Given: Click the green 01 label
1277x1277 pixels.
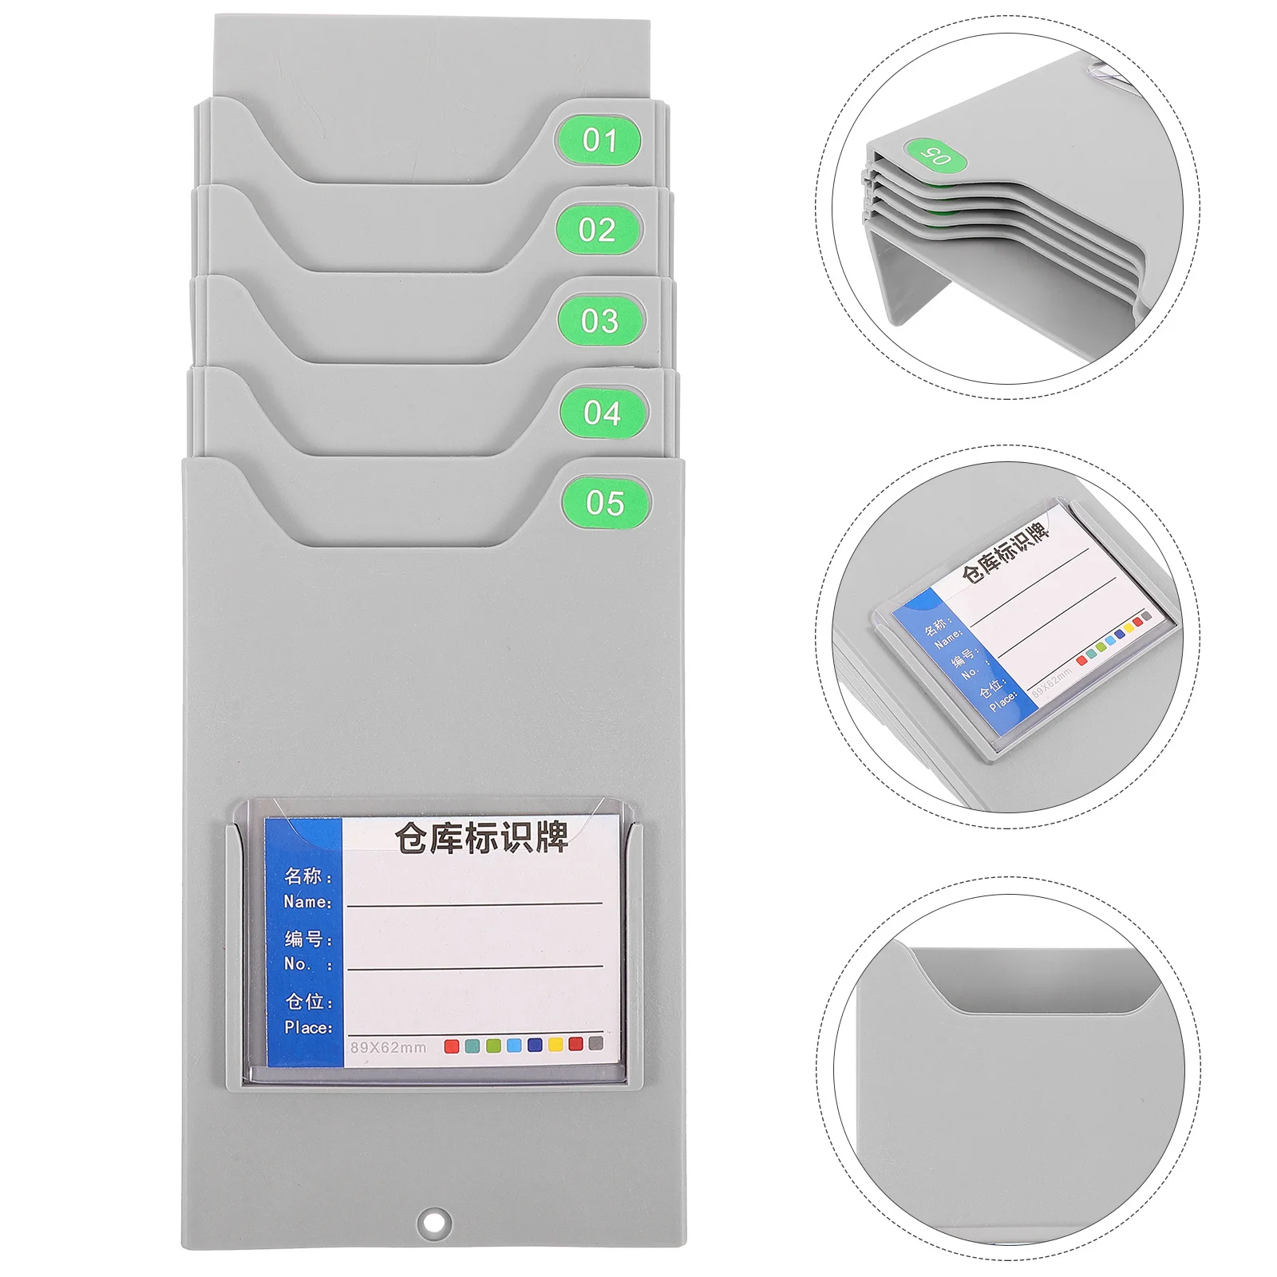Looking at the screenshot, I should pos(599,140).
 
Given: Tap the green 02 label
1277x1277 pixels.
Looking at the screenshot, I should pos(598,230).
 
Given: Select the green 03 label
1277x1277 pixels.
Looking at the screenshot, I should pos(600,321).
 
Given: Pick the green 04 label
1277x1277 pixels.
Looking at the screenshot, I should pos(603,413).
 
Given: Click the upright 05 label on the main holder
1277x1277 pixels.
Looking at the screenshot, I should pos(605,503).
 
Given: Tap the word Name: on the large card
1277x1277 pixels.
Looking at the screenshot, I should pos(307,902).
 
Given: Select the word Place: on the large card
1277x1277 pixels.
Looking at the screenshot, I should pos(308,1027).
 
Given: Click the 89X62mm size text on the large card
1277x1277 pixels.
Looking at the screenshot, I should pos(388,1047).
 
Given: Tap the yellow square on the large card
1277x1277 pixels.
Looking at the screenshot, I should pos(555,1044).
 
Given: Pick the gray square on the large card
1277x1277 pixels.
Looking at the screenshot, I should pos(596,1043).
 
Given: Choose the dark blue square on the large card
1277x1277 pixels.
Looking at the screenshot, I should pos(535,1045).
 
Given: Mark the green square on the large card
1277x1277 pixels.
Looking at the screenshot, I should pos(493,1046).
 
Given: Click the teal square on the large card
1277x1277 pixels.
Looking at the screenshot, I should pos(472,1046).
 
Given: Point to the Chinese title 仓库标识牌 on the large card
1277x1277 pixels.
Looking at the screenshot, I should pos(481,838).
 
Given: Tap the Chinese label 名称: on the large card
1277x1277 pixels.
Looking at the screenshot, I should pos(308,876).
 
